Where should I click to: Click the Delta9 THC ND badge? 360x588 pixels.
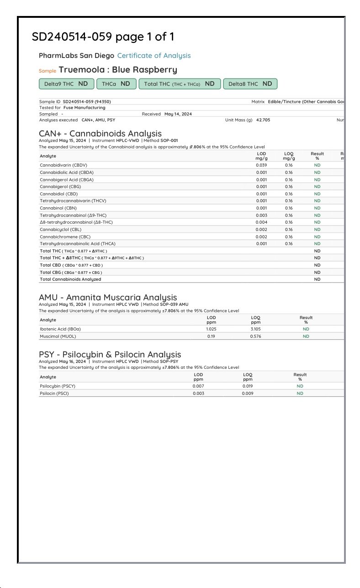(x=66, y=84)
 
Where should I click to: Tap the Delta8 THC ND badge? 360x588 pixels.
(x=250, y=84)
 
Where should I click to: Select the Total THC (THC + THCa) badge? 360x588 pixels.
(x=179, y=84)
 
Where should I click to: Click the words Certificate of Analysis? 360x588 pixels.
(x=154, y=56)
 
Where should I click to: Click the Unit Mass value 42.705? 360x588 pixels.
(x=263, y=120)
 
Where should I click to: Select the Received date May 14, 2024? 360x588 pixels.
(x=178, y=114)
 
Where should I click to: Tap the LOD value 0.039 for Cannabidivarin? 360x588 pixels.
(x=261, y=165)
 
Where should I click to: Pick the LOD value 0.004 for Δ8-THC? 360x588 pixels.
(x=261, y=222)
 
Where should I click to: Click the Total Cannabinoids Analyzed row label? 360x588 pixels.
(x=70, y=279)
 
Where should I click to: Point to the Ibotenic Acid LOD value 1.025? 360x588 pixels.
(x=211, y=329)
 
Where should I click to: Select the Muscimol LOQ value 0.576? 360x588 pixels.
(x=255, y=336)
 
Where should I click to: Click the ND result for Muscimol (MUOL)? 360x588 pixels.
(x=306, y=336)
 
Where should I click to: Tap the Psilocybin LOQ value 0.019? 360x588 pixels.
(x=248, y=386)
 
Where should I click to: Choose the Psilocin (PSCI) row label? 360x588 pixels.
(x=54, y=394)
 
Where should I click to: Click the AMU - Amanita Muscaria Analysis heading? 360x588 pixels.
(x=108, y=298)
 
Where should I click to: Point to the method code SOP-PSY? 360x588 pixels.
(x=169, y=361)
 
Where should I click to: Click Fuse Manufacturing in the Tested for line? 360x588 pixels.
(x=84, y=108)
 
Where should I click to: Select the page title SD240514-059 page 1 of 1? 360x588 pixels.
(x=103, y=37)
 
